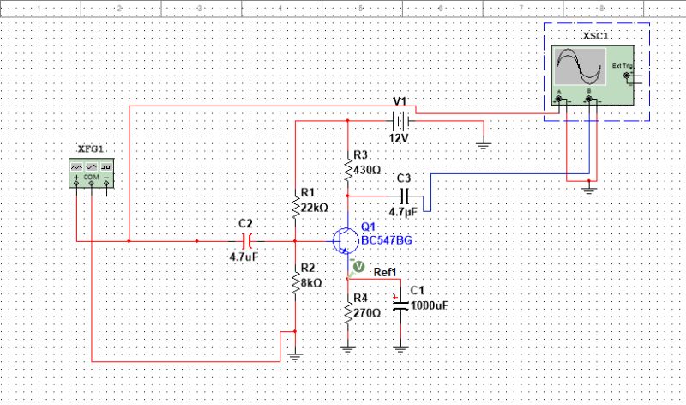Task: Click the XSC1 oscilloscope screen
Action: pos(579,66)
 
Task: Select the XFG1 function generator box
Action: pos(92,172)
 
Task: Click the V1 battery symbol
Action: pos(398,121)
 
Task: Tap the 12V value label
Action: pos(399,139)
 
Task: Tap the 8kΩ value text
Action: pos(310,282)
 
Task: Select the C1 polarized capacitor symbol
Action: pos(400,306)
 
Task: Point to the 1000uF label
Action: pos(429,305)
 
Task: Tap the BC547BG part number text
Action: pos(387,241)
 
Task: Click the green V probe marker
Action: pos(358,268)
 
